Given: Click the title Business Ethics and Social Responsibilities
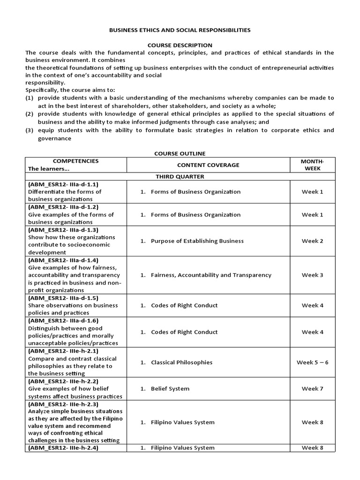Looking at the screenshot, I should tap(180, 30).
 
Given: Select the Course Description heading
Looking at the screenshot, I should tap(180, 45).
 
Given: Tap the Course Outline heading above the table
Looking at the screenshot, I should tap(180, 154).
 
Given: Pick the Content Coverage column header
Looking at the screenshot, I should tap(208, 165).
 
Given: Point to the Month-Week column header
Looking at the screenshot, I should tap(312, 165).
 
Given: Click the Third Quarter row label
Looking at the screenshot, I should tap(180, 177).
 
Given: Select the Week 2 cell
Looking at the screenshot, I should tap(312, 241).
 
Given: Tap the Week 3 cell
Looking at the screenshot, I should tap(312, 275).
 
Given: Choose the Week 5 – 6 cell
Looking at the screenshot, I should tap(312, 362).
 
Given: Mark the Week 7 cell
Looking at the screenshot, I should tap(312, 389).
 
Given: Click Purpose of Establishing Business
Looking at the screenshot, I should tap(197, 241).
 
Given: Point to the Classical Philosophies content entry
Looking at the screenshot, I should tap(181, 362).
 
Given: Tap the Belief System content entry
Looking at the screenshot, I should tap(170, 389).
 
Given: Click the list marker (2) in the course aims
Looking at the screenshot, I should tap(30, 114).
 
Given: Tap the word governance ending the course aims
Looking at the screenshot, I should tap(54, 138).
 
